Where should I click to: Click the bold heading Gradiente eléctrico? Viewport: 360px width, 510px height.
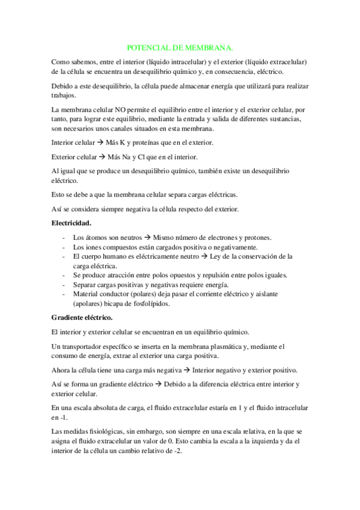coord(82,316)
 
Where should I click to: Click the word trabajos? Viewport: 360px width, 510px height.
coord(64,95)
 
